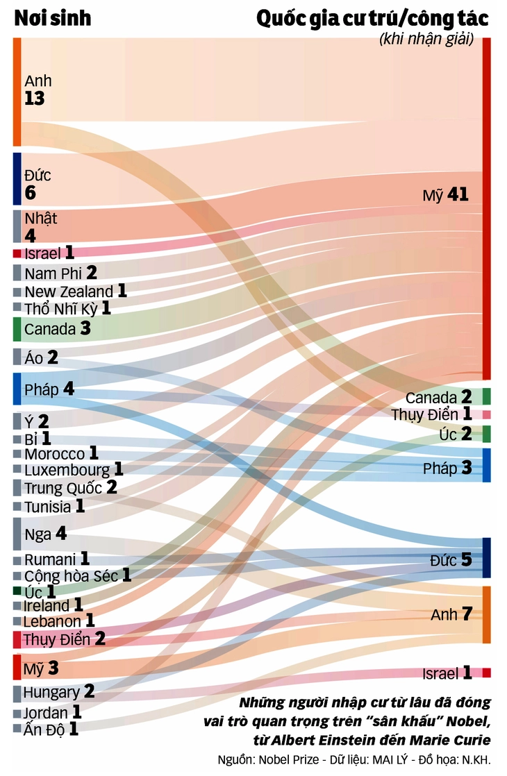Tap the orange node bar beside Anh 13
(x=17, y=92)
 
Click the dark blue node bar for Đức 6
(x=17, y=179)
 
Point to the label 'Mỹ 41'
(x=445, y=195)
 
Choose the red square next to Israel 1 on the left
(x=17, y=253)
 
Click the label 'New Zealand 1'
(x=76, y=292)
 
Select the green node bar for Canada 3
(x=17, y=329)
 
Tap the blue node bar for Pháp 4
(x=17, y=389)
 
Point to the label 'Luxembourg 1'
(x=74, y=470)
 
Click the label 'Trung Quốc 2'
(x=71, y=488)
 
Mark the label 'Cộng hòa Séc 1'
(x=78, y=575)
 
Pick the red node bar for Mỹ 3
(x=17, y=667)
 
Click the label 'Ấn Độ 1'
(x=51, y=729)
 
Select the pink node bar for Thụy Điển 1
(x=487, y=414)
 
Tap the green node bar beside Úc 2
(x=487, y=435)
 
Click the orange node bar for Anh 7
(x=487, y=615)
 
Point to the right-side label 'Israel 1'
(x=447, y=673)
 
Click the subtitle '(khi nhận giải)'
(x=426, y=40)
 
